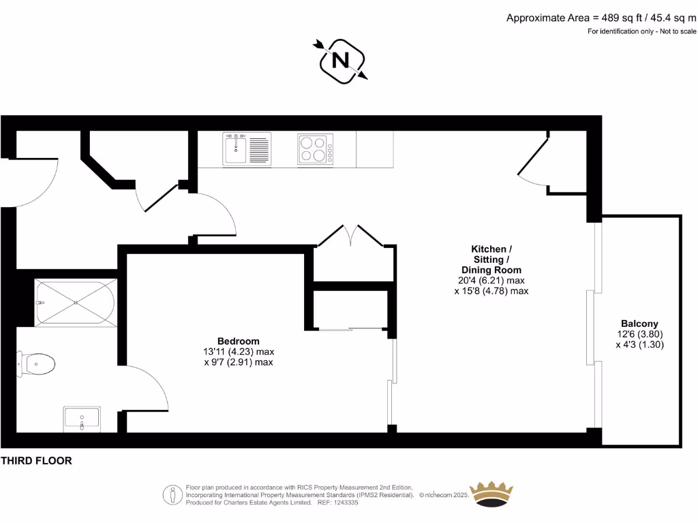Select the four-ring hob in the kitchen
[315, 149]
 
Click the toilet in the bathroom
[38, 366]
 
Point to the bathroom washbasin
[82, 418]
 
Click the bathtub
[75, 302]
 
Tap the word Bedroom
[238, 341]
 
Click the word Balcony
[639, 323]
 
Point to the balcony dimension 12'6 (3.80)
[639, 334]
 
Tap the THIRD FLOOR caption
[36, 461]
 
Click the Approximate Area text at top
[601, 18]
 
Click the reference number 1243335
[354, 503]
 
